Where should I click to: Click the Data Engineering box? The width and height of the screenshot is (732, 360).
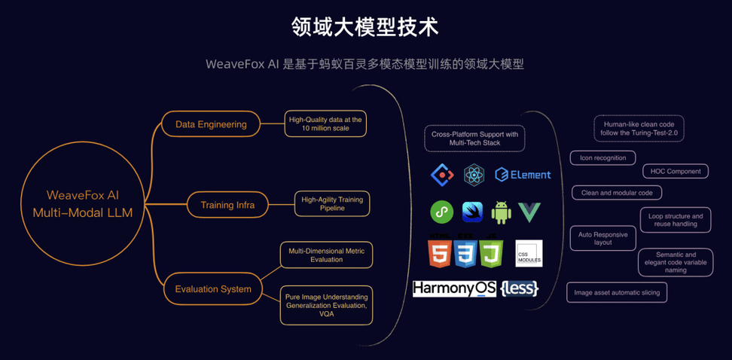[x=211, y=124]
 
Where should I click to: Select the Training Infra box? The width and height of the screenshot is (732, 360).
[x=227, y=205]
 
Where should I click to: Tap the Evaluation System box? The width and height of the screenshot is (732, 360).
[x=213, y=289]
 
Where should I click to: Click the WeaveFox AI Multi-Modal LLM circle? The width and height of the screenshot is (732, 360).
[x=82, y=204]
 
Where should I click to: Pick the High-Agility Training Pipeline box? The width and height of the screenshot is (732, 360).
[x=332, y=203]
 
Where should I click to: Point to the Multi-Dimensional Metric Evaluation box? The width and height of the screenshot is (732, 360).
[x=326, y=255]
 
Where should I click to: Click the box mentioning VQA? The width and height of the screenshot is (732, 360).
[x=326, y=305]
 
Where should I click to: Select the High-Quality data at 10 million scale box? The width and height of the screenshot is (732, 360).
[x=326, y=124]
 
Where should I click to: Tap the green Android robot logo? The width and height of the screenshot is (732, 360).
[x=501, y=212]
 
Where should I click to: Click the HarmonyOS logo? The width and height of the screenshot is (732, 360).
[x=454, y=288]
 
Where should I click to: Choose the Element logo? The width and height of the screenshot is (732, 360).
[x=523, y=175]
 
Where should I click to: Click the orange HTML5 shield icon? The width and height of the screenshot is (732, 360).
[x=440, y=254]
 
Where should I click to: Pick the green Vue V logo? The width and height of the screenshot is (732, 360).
[x=529, y=212]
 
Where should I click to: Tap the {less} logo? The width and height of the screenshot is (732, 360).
[x=519, y=288]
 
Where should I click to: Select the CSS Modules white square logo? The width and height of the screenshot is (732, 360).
[x=529, y=253]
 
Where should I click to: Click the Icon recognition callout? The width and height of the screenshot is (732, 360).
[x=602, y=158]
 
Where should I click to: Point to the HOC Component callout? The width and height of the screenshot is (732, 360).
[x=676, y=172]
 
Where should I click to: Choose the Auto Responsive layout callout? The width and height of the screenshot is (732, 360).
[x=602, y=238]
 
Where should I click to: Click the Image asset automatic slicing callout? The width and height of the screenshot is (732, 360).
[x=617, y=292]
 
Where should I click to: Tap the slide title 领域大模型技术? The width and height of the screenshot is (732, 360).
[x=365, y=27]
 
